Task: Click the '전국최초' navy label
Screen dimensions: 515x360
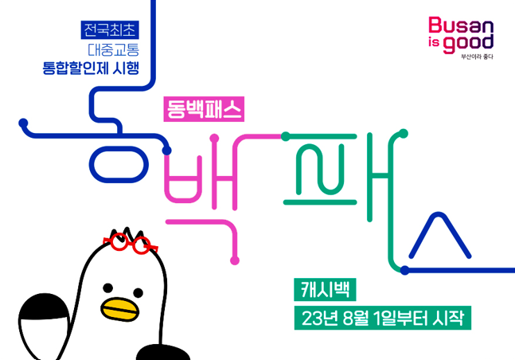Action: [x=111, y=31]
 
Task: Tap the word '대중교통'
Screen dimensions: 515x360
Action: [x=111, y=49]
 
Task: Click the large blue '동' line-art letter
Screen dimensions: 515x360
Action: [x=119, y=151]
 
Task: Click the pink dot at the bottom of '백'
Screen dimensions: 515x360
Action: [x=235, y=259]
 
